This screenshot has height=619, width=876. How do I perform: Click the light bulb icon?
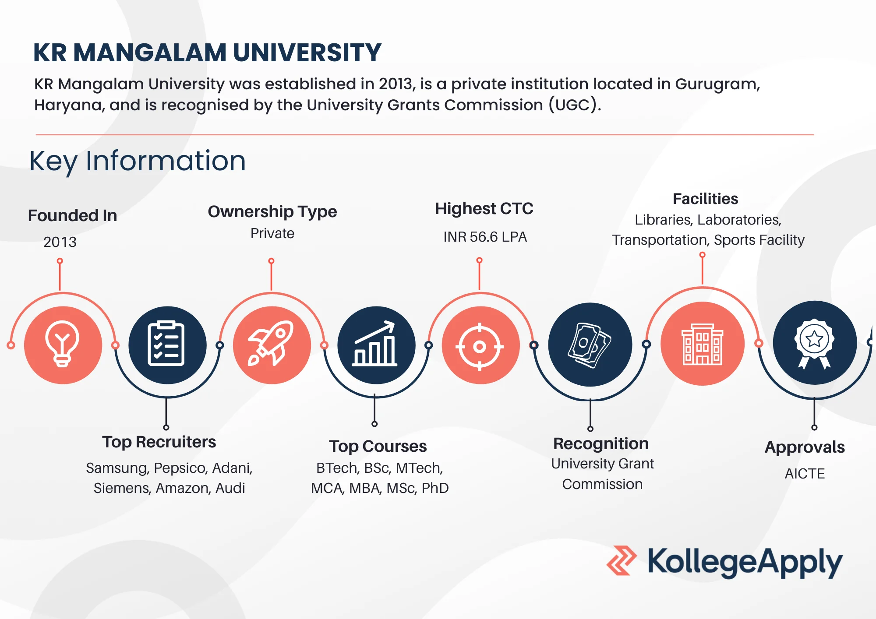(62, 344)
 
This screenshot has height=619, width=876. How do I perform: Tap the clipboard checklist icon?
(166, 343)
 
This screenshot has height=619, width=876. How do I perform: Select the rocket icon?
(271, 343)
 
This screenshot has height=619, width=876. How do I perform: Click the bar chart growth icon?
(375, 344)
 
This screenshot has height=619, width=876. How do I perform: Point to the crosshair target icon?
(480, 347)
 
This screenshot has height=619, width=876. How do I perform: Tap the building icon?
(703, 345)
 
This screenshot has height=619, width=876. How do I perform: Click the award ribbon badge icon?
(814, 344)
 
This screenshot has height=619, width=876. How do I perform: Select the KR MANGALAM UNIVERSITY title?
(207, 53)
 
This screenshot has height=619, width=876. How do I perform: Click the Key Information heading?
(138, 161)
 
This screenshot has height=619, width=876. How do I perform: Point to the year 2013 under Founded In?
(60, 242)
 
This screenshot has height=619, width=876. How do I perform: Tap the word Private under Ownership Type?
(272, 233)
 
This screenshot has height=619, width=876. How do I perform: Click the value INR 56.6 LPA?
(485, 237)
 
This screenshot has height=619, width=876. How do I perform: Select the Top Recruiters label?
(159, 442)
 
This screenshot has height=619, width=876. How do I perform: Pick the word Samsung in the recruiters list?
(117, 468)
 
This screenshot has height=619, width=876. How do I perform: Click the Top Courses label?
(378, 447)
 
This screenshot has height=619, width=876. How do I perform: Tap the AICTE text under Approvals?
(805, 474)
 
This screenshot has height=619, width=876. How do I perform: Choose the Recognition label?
(601, 444)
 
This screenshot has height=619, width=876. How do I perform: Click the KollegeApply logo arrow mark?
(622, 560)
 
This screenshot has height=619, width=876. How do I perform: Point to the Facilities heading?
(706, 199)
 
